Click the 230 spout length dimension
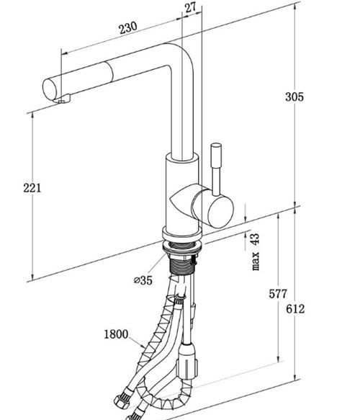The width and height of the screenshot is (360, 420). (128, 27)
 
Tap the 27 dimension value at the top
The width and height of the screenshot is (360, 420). (190, 7)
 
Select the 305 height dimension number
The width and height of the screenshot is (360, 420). (294, 97)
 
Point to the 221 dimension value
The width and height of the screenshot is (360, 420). (32, 188)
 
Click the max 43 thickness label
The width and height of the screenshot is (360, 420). (256, 252)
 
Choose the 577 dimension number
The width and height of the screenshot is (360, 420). (278, 294)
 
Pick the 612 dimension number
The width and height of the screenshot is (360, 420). (295, 309)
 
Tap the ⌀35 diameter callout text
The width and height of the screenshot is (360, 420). (143, 280)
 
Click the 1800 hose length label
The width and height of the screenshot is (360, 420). (116, 334)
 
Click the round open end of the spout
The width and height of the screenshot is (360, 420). (50, 89)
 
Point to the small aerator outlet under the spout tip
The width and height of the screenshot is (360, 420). (61, 102)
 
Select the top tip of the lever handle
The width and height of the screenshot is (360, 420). (216, 145)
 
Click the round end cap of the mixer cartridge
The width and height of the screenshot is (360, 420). (220, 212)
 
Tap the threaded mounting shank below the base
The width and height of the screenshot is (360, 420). (182, 264)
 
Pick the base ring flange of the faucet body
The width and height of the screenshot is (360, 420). (181, 233)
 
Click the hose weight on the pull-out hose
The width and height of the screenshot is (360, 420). (187, 361)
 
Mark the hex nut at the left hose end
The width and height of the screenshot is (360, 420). (121, 402)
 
